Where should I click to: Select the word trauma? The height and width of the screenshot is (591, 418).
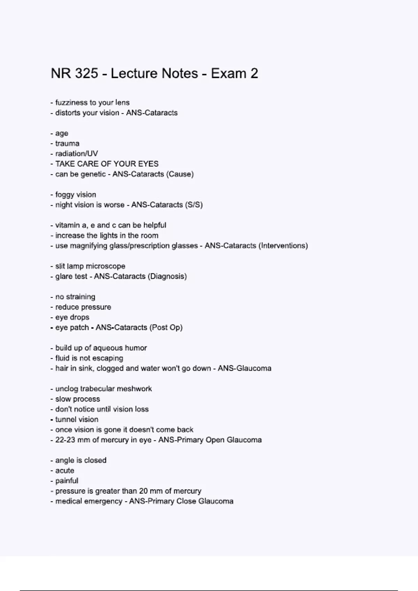[x=67, y=144]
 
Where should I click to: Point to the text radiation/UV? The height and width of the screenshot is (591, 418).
[x=77, y=154]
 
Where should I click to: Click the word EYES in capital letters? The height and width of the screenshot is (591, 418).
[x=148, y=164]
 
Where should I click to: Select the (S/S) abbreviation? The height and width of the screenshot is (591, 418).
[x=194, y=205]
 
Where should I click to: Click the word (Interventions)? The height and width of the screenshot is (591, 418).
[x=283, y=246]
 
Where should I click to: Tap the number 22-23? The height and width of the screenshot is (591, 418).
[x=65, y=440]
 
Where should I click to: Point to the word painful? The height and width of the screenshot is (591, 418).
[x=67, y=481]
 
